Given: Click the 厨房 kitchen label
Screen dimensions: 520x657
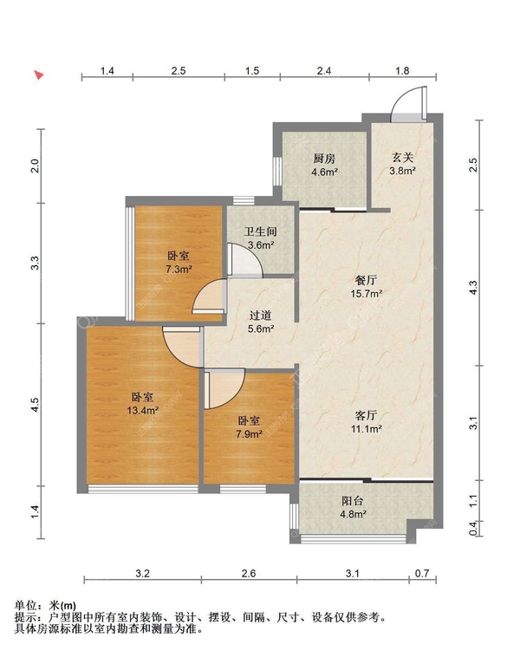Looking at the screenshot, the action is pos(324,159).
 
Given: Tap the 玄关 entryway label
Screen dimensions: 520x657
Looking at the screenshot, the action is pos(402,158).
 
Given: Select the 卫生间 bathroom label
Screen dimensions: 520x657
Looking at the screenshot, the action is pos(260,231).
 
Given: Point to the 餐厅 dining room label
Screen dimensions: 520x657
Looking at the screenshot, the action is pos(367,280).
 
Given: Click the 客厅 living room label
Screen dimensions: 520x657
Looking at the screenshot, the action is pos(367,415).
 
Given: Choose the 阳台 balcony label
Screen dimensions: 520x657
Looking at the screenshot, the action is pos(353,501).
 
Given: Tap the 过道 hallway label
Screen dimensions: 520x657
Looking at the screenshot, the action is pos(260,315).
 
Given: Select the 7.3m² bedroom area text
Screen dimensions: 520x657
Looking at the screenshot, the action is pos(179,269).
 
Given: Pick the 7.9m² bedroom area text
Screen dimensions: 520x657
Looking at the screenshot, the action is pos(249,434).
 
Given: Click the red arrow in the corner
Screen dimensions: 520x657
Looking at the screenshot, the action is pos(39,75).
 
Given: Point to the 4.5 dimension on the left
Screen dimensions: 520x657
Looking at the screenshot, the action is pos(36,404).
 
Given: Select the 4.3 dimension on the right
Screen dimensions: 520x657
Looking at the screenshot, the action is pos(473,288).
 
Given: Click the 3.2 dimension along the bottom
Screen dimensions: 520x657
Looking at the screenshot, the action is pos(142,573).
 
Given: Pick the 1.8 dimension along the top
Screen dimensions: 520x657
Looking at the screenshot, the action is pos(402,71).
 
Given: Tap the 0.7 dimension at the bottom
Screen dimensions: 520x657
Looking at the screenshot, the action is pos(422,573).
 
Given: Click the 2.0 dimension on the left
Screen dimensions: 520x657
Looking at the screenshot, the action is pos(36,166).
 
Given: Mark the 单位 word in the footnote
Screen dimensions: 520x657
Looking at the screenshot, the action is pos(25,606).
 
